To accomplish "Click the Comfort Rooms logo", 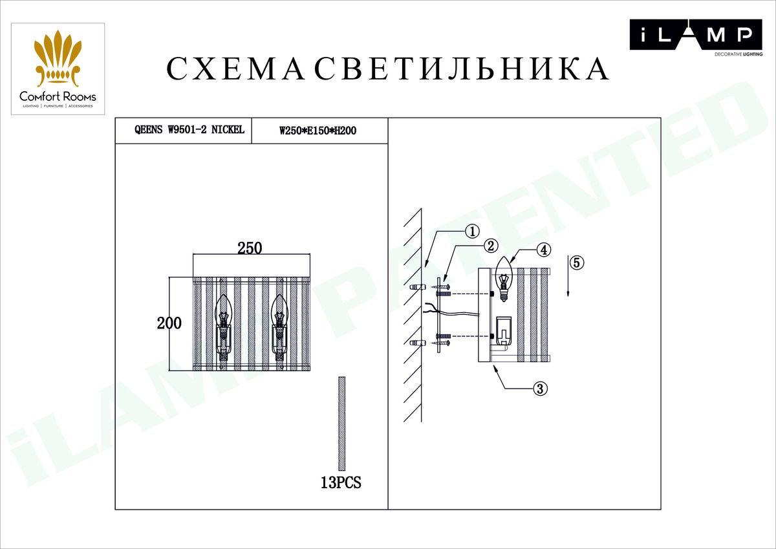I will (58, 69).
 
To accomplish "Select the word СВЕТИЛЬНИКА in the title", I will (462, 69).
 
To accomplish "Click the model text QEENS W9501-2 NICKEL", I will (189, 130).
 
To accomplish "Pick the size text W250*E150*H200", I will (318, 131).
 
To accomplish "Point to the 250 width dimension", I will (249, 248).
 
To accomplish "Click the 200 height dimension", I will (169, 323).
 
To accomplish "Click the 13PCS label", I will (341, 482).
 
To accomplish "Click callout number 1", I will (472, 231).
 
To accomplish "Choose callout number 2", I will (491, 246).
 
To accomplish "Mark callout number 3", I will (541, 389).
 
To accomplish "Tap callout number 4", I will (544, 249).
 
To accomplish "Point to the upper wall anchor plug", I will (416, 286).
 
